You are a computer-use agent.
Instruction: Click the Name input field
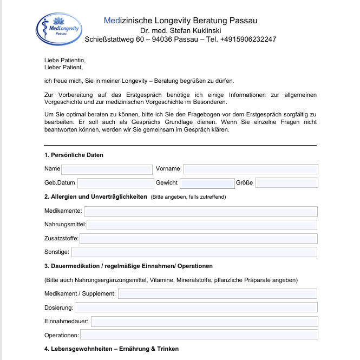tap(107, 169)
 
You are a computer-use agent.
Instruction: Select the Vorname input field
tap(250, 169)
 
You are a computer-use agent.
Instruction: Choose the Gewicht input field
tap(206, 183)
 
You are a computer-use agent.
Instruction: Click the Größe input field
tap(286, 183)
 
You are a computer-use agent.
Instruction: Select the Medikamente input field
tap(200, 211)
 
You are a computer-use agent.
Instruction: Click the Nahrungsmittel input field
tap(202, 225)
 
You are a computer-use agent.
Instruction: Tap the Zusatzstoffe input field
tap(198, 238)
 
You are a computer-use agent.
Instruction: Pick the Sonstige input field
tap(194, 252)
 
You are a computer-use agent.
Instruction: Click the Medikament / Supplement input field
tap(217, 293)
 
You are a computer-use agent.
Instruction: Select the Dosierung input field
tap(196, 307)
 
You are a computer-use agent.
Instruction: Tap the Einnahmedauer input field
tap(204, 321)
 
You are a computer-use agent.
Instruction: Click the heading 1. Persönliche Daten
tap(74, 155)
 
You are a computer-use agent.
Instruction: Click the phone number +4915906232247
tap(248, 40)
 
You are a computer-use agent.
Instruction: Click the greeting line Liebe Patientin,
tap(65, 61)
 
